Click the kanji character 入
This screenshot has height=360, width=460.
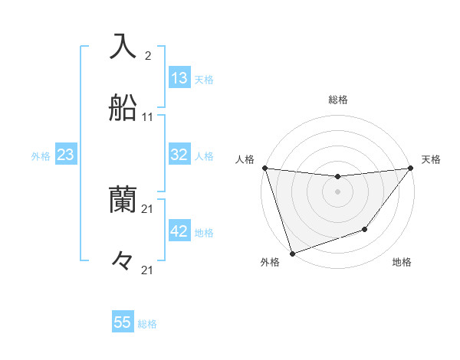pos(123,47)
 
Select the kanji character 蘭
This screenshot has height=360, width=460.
pos(123,201)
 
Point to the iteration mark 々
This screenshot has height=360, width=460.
pos(123,261)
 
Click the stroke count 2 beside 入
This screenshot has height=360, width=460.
pos(147,56)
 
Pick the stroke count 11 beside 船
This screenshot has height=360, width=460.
pos(147,117)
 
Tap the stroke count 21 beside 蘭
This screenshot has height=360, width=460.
pos(147,209)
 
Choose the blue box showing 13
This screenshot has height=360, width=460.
pos(179,78)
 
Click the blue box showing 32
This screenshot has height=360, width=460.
pos(179,155)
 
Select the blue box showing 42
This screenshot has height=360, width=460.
pos(179,231)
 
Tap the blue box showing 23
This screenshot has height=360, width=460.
pos(66,155)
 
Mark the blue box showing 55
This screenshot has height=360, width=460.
pos(123,322)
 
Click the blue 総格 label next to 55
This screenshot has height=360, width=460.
pos(147,324)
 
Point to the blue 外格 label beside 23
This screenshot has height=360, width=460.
pos(41,156)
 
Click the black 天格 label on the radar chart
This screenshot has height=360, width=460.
pos(431,159)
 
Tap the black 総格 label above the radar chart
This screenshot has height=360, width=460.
pos(338,100)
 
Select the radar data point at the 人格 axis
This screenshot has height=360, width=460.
pos(265,168)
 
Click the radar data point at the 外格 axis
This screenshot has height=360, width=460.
pos(292,253)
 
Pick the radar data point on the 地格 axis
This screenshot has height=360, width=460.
pos(366,229)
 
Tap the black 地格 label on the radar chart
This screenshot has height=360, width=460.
pos(402,263)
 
